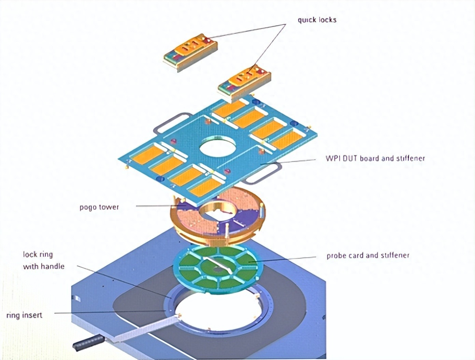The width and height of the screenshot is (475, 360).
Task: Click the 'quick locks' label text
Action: click(x=317, y=20)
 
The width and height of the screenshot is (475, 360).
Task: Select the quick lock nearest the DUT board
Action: click(x=244, y=82)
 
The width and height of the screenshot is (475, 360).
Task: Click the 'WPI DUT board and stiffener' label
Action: click(x=375, y=158)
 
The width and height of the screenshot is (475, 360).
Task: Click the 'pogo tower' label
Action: click(x=99, y=207)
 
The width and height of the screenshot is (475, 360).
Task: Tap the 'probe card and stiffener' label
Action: click(x=368, y=255)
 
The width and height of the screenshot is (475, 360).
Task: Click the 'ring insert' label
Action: click(x=24, y=315)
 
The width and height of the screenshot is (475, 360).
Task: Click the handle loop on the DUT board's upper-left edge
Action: click(x=171, y=124)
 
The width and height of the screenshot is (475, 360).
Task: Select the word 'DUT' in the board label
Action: click(x=347, y=158)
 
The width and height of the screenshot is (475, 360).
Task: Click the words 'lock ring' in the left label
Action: click(x=38, y=254)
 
